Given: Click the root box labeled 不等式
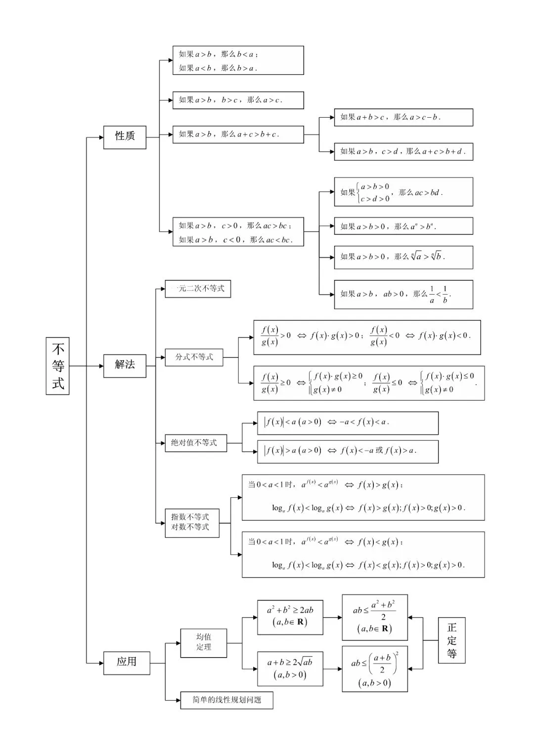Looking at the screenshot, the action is click(57, 366).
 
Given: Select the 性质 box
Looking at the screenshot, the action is click(125, 137).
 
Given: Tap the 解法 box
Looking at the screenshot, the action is click(125, 366).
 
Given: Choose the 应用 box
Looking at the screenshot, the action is click(127, 663).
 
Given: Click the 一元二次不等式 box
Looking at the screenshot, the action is click(198, 289).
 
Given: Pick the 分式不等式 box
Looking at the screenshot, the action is click(194, 357).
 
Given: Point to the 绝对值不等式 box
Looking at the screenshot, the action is click(196, 443).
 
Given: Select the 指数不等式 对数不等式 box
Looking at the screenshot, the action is click(192, 523).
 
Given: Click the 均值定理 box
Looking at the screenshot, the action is click(204, 643).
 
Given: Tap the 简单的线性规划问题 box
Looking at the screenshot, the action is click(226, 700).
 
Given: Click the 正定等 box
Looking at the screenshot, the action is click(451, 640).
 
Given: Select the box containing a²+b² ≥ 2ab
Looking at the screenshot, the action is click(290, 617).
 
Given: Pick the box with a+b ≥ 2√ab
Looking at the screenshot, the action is click(290, 669).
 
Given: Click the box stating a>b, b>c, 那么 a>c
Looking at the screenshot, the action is click(238, 100).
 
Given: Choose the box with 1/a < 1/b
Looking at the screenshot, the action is click(403, 294).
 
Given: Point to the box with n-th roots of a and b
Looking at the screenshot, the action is click(403, 257).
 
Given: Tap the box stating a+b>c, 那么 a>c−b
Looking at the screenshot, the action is click(403, 118).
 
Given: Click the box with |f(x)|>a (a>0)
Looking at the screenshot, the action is click(348, 451).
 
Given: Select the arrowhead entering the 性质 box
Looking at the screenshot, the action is click(101, 137).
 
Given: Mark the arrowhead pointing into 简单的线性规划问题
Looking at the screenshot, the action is click(178, 700).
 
